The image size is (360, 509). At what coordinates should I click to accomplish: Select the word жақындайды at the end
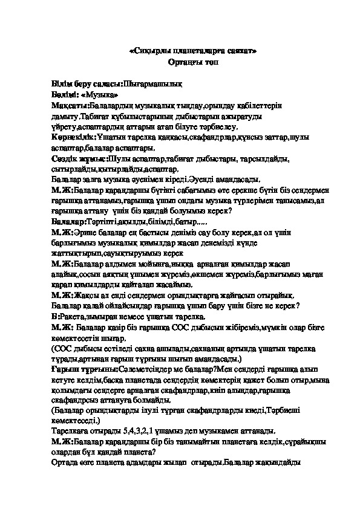276,465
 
